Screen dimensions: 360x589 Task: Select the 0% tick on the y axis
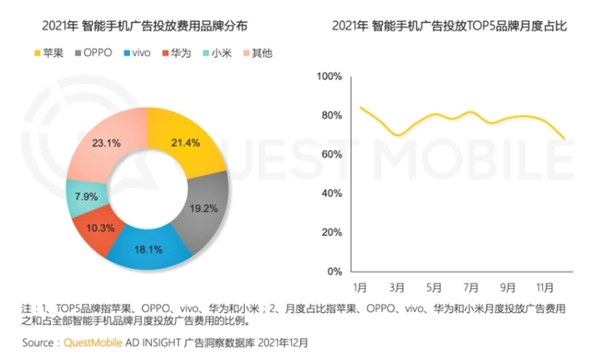334,272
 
